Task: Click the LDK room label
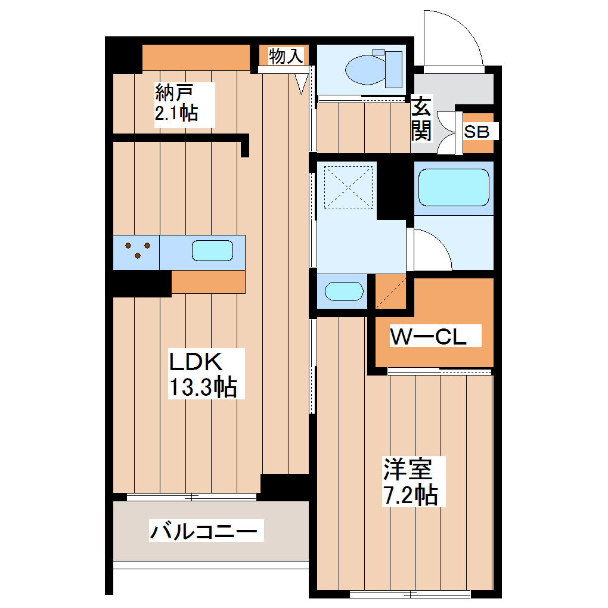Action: [196, 362]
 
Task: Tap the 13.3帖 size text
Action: [203, 388]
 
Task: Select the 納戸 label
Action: [176, 92]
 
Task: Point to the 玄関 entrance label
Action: [422, 119]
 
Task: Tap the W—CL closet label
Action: [427, 337]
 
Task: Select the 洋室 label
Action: [407, 470]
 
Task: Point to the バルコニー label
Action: [206, 530]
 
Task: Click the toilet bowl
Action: [365, 69]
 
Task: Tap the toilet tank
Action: [394, 69]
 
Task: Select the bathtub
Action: [454, 187]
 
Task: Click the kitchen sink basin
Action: [212, 251]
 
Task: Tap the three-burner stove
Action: [138, 250]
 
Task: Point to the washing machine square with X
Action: [348, 187]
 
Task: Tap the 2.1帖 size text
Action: [176, 113]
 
